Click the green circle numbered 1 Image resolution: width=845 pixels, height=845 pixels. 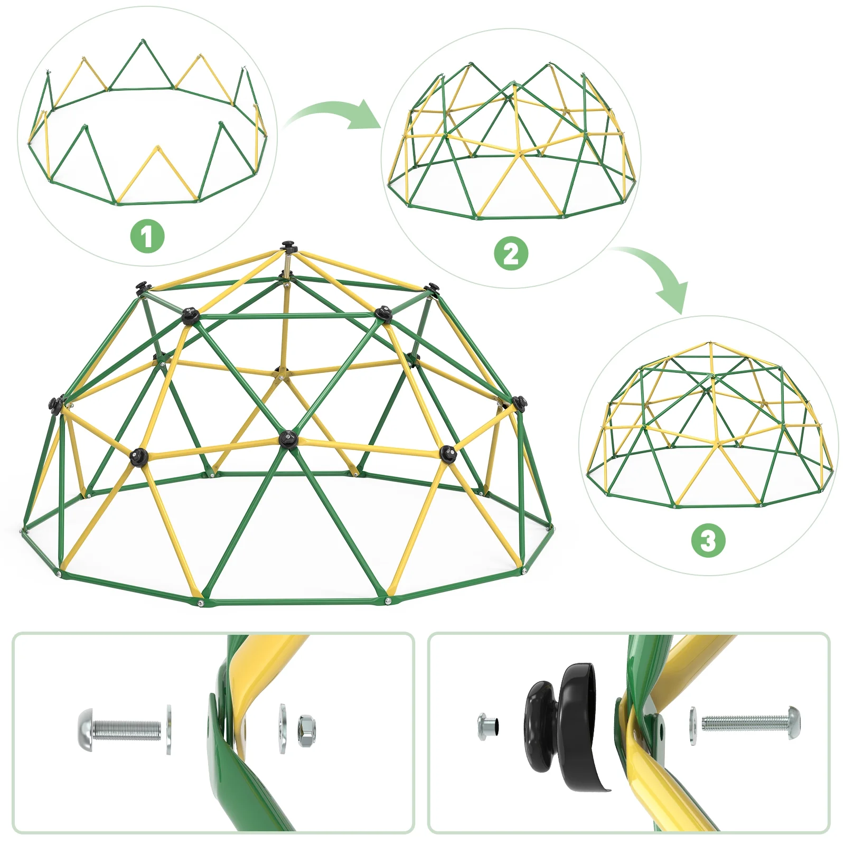pos(147,236)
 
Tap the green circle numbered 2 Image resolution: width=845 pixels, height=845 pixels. pos(511,253)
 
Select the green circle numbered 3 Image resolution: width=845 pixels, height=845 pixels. pos(708,540)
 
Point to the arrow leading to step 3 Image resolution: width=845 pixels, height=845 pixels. pos(660,275)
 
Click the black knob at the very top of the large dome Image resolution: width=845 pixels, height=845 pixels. pos(288,246)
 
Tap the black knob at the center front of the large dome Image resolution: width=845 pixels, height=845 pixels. pos(288,438)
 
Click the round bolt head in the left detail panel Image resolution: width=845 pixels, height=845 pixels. pos(87,729)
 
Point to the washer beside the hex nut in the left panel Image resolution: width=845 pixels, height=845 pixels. pos(283,728)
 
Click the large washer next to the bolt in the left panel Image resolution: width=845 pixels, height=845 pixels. pos(169,729)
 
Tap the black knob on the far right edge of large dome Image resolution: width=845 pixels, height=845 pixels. pos(520,404)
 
